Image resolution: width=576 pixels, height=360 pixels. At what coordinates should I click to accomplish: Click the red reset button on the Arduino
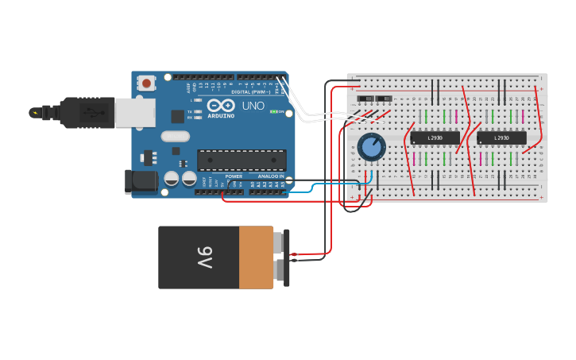coord(146,83)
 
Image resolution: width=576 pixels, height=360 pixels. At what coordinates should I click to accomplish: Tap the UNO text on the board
coord(253,106)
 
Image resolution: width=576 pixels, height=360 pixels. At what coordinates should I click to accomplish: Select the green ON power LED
coord(274,111)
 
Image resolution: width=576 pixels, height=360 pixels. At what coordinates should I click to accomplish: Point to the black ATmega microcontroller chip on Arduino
coord(241,159)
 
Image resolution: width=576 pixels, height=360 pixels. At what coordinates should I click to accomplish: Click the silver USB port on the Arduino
coord(134,113)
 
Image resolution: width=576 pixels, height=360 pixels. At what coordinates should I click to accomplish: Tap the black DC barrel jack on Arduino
coord(141,182)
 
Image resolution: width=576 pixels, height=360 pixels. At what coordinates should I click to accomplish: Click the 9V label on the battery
coord(204,257)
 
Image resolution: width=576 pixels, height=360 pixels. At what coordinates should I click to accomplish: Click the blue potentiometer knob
coord(371,146)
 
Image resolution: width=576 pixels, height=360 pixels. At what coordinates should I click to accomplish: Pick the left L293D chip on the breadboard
coord(435,138)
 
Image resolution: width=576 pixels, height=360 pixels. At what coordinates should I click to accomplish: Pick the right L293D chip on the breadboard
coord(501,138)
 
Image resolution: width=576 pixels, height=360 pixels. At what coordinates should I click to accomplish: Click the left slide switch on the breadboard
coord(365,99)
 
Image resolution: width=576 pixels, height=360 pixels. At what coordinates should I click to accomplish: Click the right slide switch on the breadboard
coord(384,99)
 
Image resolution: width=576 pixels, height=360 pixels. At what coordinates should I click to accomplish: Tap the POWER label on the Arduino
coord(234,198)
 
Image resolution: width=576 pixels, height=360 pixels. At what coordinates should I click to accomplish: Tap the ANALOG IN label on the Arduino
coord(271,198)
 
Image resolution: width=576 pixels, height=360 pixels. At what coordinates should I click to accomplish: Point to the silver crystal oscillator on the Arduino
coord(175,137)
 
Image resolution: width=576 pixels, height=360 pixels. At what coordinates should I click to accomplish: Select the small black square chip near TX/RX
coord(177,116)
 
